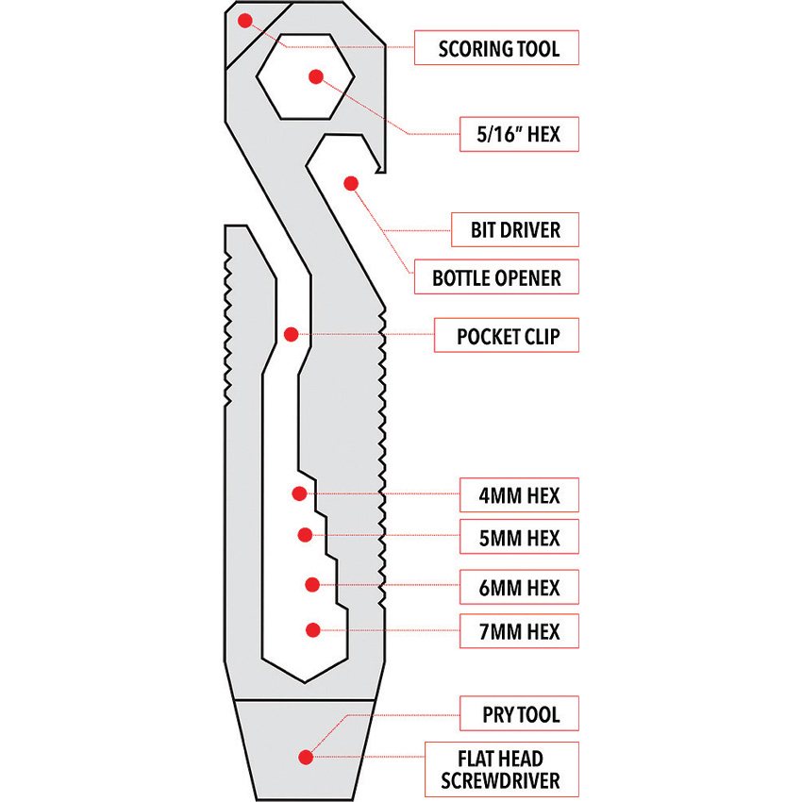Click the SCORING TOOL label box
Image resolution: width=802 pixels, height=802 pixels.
click(x=497, y=47)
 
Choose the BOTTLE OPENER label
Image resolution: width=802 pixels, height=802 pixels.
click(x=496, y=277)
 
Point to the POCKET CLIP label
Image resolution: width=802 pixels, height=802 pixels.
click(x=506, y=335)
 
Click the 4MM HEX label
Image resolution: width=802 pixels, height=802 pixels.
click(x=518, y=494)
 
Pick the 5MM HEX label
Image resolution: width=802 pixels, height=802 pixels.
click(x=518, y=537)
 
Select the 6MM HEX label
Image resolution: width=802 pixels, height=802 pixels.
click(x=518, y=588)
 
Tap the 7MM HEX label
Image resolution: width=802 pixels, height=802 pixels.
click(x=518, y=630)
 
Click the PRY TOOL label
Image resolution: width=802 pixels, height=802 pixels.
click(x=518, y=713)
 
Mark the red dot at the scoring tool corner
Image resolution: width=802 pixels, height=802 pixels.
click(x=245, y=20)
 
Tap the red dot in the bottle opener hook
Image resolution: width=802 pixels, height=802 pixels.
click(x=351, y=182)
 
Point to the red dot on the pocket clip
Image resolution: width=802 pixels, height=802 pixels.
click(x=291, y=334)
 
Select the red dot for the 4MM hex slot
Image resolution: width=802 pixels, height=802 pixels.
click(x=299, y=493)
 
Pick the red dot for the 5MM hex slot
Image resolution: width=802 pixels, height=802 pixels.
click(x=305, y=535)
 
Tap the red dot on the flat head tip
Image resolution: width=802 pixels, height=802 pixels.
click(x=305, y=756)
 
